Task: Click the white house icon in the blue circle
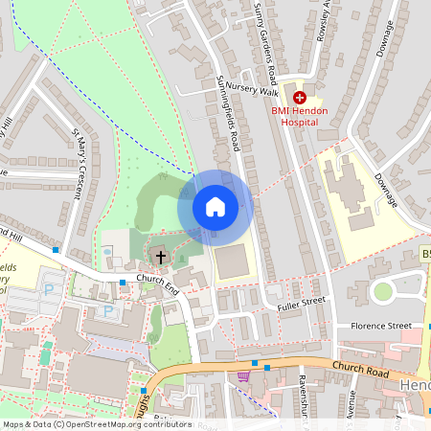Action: point(215,206)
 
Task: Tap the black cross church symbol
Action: point(160,257)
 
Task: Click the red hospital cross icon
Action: point(300,97)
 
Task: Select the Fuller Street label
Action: point(302,302)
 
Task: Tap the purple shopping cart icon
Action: point(243,376)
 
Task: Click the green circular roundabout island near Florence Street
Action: point(383,291)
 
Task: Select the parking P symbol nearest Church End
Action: point(107,311)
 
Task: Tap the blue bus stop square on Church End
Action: point(123,283)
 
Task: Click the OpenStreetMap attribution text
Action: point(96,424)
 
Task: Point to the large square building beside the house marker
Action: point(236,262)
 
